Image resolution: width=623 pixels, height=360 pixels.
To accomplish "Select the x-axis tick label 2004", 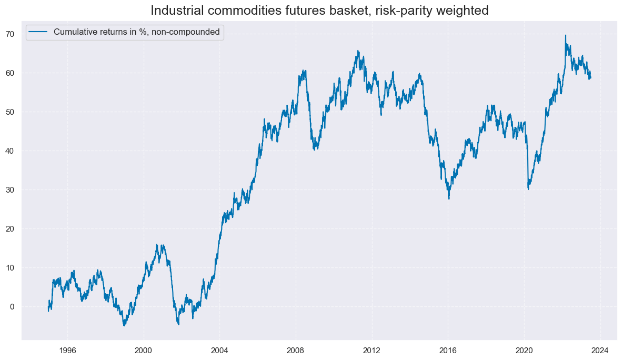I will [220, 349].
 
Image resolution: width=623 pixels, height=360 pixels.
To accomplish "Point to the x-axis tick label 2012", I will [372, 349].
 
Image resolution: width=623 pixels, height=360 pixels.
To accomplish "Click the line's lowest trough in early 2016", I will [449, 198].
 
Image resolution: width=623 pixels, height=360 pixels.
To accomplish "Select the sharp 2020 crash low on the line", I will [528, 189].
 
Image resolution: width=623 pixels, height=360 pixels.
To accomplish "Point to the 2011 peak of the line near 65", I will [358, 51].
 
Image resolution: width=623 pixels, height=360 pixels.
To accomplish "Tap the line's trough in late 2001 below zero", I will [178, 324].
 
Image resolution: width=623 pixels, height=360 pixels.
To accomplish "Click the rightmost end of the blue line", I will [590, 78].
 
